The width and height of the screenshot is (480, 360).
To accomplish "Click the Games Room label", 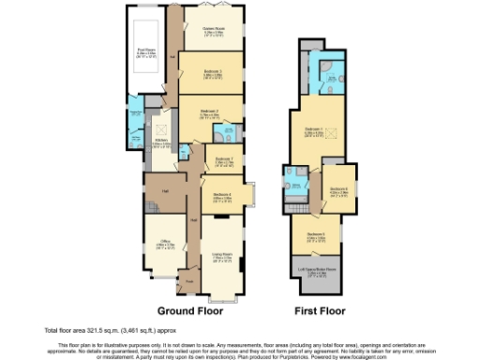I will [x=214, y=29].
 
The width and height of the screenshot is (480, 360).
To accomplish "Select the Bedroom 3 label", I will [x=214, y=74].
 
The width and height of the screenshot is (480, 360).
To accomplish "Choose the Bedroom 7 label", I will [x=224, y=162].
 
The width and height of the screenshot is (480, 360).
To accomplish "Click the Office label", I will [x=162, y=243].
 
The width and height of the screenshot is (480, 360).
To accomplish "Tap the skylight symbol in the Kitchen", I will [x=160, y=129].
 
